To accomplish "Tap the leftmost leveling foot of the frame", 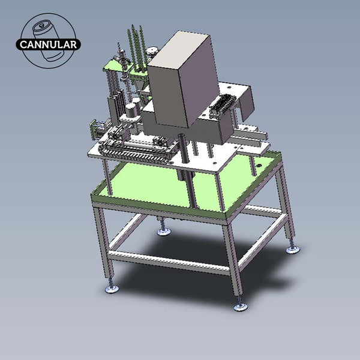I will (x=112, y=289).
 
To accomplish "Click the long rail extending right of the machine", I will (x=252, y=142).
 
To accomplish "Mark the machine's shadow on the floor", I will (x=198, y=264).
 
